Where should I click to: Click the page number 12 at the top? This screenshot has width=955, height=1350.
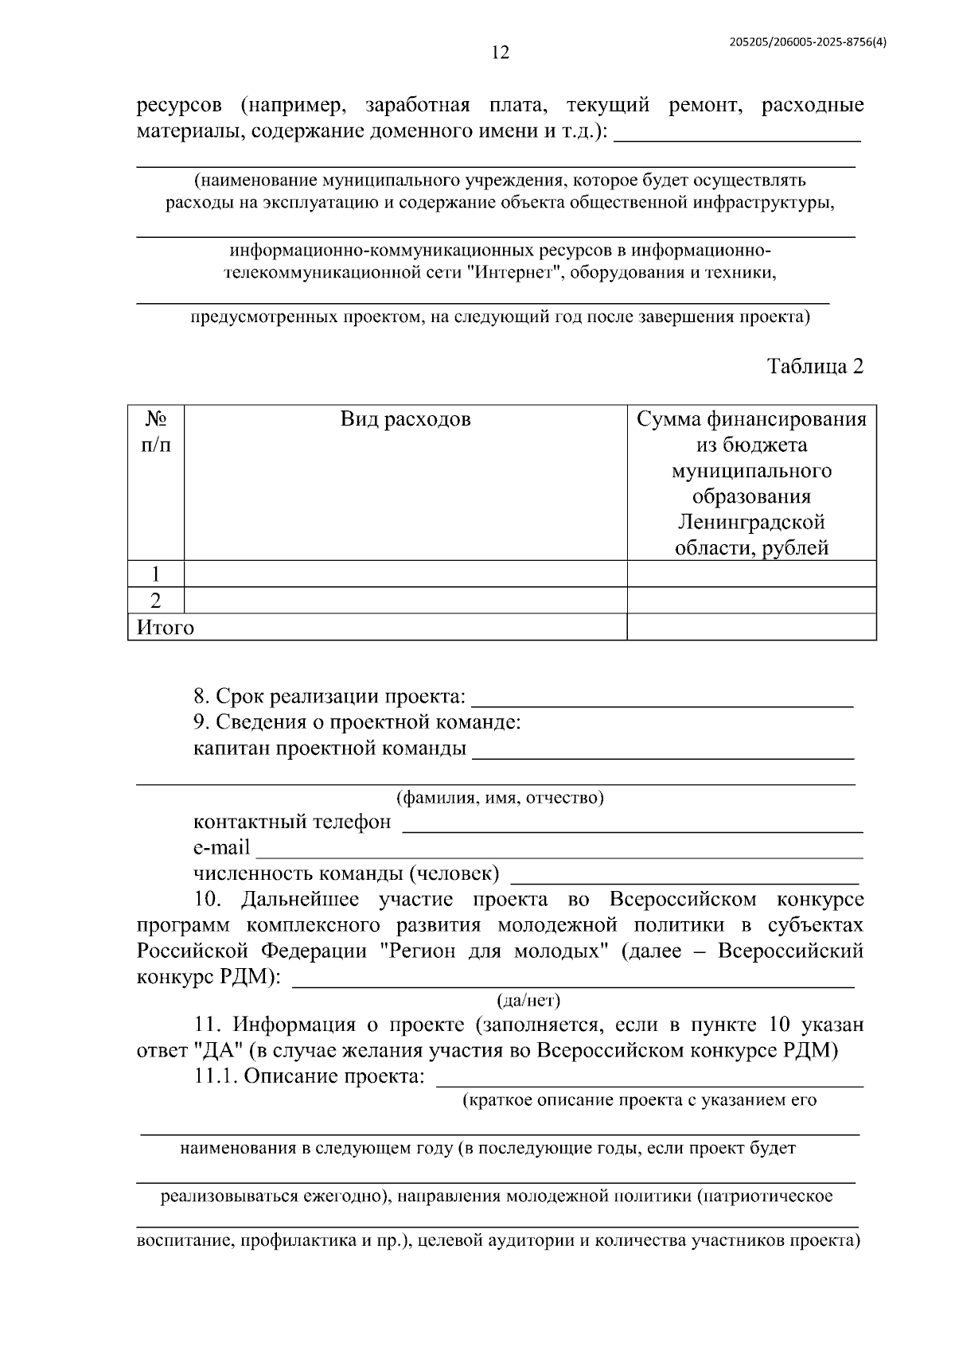[500, 53]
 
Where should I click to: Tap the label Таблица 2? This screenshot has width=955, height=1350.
[815, 366]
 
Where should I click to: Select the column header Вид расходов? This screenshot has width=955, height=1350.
[405, 419]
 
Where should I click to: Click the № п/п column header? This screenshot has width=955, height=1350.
[156, 431]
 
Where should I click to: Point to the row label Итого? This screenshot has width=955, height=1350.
[166, 628]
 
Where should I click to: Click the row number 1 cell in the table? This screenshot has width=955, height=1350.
[156, 574]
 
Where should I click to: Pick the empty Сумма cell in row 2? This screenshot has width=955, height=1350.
[751, 601]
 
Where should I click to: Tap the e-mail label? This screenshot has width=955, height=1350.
[221, 847]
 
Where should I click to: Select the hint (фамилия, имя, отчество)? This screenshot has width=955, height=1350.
[500, 797]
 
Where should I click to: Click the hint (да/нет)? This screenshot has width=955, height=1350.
[528, 1000]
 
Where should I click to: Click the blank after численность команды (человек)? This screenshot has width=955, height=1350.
[684, 879]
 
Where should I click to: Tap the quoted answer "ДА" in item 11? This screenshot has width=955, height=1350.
[217, 1050]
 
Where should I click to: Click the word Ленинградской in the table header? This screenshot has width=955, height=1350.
[751, 522]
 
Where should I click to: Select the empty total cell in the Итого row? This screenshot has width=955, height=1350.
[751, 628]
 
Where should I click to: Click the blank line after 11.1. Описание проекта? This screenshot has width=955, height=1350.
[650, 1082]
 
